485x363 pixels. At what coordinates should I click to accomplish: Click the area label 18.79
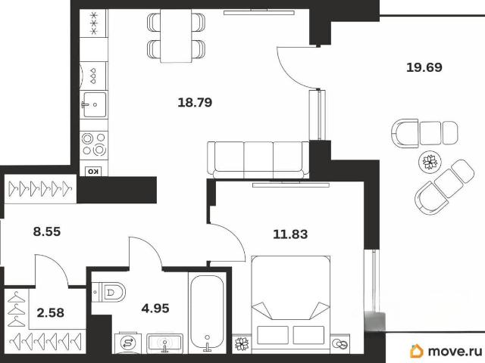click(195, 102)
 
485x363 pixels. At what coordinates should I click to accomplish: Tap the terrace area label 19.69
click(424, 67)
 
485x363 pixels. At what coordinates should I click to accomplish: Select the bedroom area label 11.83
click(290, 234)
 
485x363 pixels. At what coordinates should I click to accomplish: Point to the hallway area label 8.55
click(47, 231)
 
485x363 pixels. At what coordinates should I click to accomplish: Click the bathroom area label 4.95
click(155, 308)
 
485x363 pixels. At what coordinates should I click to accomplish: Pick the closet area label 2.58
click(51, 312)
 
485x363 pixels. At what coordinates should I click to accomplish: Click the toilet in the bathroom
click(109, 292)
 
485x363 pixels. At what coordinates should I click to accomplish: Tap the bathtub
click(207, 313)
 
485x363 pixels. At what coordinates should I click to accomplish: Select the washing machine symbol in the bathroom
click(127, 343)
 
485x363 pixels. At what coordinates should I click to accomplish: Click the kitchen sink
click(94, 104)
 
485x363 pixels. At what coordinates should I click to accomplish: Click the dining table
click(176, 36)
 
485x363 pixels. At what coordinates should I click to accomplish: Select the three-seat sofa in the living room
click(258, 160)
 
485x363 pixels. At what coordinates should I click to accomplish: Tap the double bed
click(290, 304)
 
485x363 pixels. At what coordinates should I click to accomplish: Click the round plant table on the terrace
click(429, 161)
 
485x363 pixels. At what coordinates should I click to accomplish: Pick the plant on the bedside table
click(242, 344)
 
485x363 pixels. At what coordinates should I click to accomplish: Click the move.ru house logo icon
click(416, 351)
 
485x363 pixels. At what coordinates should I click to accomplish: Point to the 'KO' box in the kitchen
click(93, 172)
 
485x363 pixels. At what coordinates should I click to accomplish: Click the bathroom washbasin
click(164, 343)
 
